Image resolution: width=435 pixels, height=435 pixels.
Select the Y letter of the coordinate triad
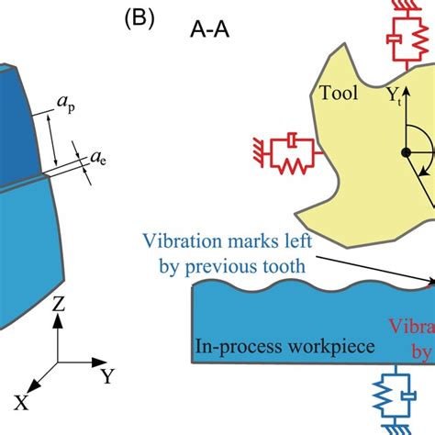(x=108, y=374)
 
